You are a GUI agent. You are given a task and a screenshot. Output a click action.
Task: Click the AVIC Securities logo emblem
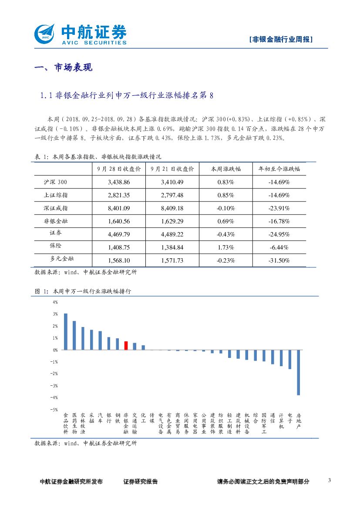point(45,33)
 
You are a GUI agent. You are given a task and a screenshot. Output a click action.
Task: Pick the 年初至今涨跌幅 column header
point(279,169)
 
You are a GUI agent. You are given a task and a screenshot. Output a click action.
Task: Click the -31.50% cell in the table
point(279,260)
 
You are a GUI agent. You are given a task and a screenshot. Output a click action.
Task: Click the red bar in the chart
point(126,345)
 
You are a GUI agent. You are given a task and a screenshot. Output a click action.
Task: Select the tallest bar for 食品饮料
point(66,331)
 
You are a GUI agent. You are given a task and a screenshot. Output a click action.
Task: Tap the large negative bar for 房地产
point(298,372)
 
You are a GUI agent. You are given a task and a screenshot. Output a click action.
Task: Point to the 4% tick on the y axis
point(55,302)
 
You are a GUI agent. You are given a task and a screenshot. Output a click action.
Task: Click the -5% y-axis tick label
point(55,410)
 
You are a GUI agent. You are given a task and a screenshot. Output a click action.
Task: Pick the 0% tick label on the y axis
point(55,350)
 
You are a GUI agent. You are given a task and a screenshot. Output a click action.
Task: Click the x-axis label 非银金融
point(126,424)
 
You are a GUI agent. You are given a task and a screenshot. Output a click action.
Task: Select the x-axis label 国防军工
point(264,424)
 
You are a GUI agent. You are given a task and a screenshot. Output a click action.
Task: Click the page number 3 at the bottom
point(330,480)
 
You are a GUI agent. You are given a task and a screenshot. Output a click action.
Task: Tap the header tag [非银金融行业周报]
point(282,39)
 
